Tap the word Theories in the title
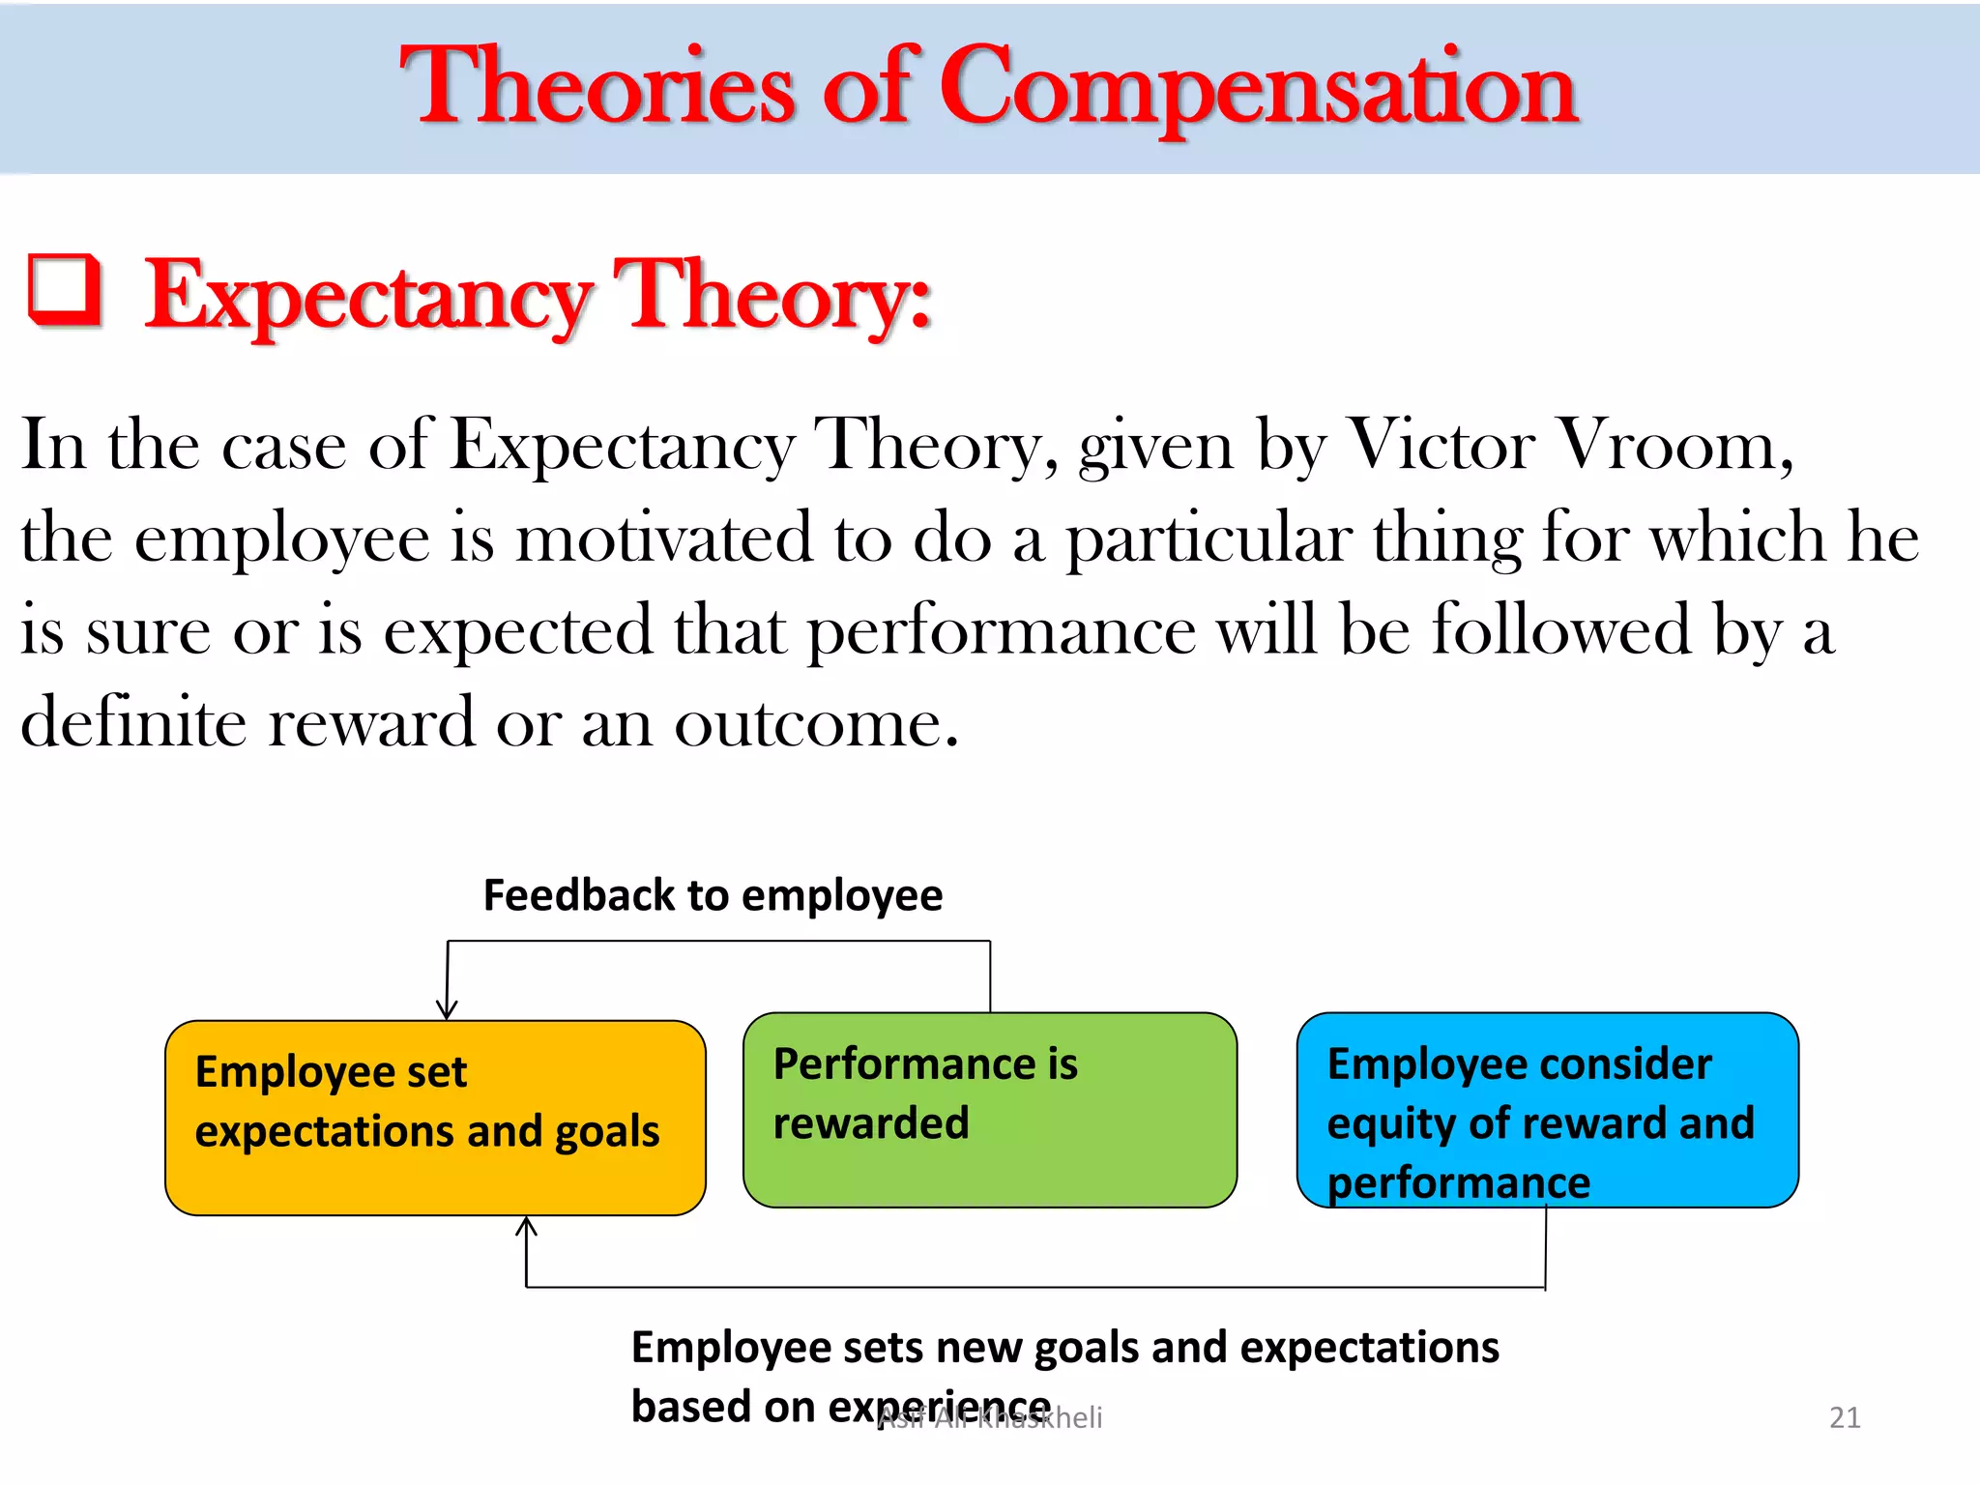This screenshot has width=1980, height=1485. [x=597, y=89]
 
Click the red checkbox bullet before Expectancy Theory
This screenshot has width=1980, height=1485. [x=65, y=289]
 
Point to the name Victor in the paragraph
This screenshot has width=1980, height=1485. [x=1441, y=446]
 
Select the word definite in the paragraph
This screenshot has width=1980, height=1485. [x=132, y=722]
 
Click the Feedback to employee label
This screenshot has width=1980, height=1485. [x=713, y=895]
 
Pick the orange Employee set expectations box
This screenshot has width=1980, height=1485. [x=435, y=1118]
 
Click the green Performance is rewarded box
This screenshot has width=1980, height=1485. [x=989, y=1110]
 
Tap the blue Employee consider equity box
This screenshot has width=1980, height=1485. [x=1547, y=1110]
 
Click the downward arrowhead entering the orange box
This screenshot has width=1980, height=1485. [x=446, y=1009]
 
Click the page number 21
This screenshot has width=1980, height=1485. [x=1845, y=1417]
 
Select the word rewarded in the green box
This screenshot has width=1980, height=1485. [x=870, y=1123]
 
